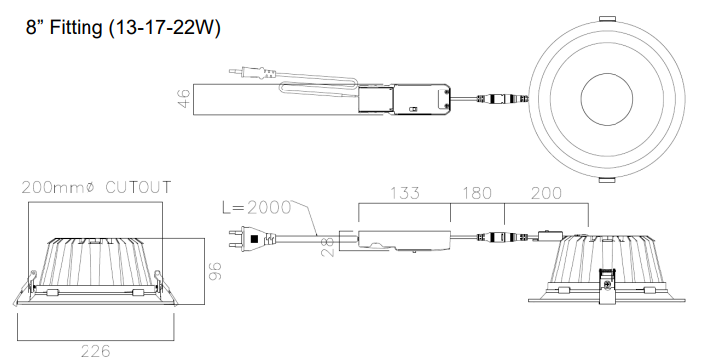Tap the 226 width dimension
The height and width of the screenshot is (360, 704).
[95, 349]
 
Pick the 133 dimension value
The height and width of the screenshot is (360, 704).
[405, 192]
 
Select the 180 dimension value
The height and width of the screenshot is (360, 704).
[477, 192]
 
